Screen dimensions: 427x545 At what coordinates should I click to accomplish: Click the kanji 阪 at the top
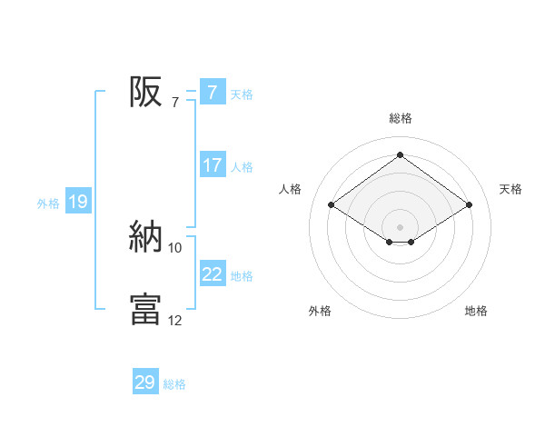coord(145,92)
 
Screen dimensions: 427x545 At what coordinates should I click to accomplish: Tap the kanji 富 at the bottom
coord(145,309)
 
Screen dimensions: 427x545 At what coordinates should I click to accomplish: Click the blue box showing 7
coord(212,93)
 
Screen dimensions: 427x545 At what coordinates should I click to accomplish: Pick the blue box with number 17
coord(212,165)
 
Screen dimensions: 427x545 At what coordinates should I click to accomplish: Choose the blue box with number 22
coord(212,273)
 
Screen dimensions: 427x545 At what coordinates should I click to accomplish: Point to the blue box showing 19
coord(78,202)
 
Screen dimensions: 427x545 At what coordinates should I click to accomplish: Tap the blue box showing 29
coord(145,382)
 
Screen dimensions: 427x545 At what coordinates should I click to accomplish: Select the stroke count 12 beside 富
coord(175,321)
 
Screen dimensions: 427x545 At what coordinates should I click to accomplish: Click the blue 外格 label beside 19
coord(48,204)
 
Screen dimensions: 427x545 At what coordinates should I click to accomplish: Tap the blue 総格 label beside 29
coord(174,384)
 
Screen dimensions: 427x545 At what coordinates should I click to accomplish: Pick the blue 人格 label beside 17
coord(242,167)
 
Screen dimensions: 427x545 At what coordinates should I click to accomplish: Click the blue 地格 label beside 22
coord(242,275)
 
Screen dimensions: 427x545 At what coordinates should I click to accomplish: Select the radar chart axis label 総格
coord(401,118)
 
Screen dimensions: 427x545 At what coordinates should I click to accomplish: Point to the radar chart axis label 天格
coord(511,189)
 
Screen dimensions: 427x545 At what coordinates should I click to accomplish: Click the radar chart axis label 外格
coord(320,311)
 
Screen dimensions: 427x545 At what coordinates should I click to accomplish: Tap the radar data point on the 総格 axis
coord(400,155)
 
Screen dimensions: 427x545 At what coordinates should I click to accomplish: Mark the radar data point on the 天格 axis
coord(469,205)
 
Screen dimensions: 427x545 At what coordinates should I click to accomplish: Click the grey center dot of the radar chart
coord(400,226)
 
